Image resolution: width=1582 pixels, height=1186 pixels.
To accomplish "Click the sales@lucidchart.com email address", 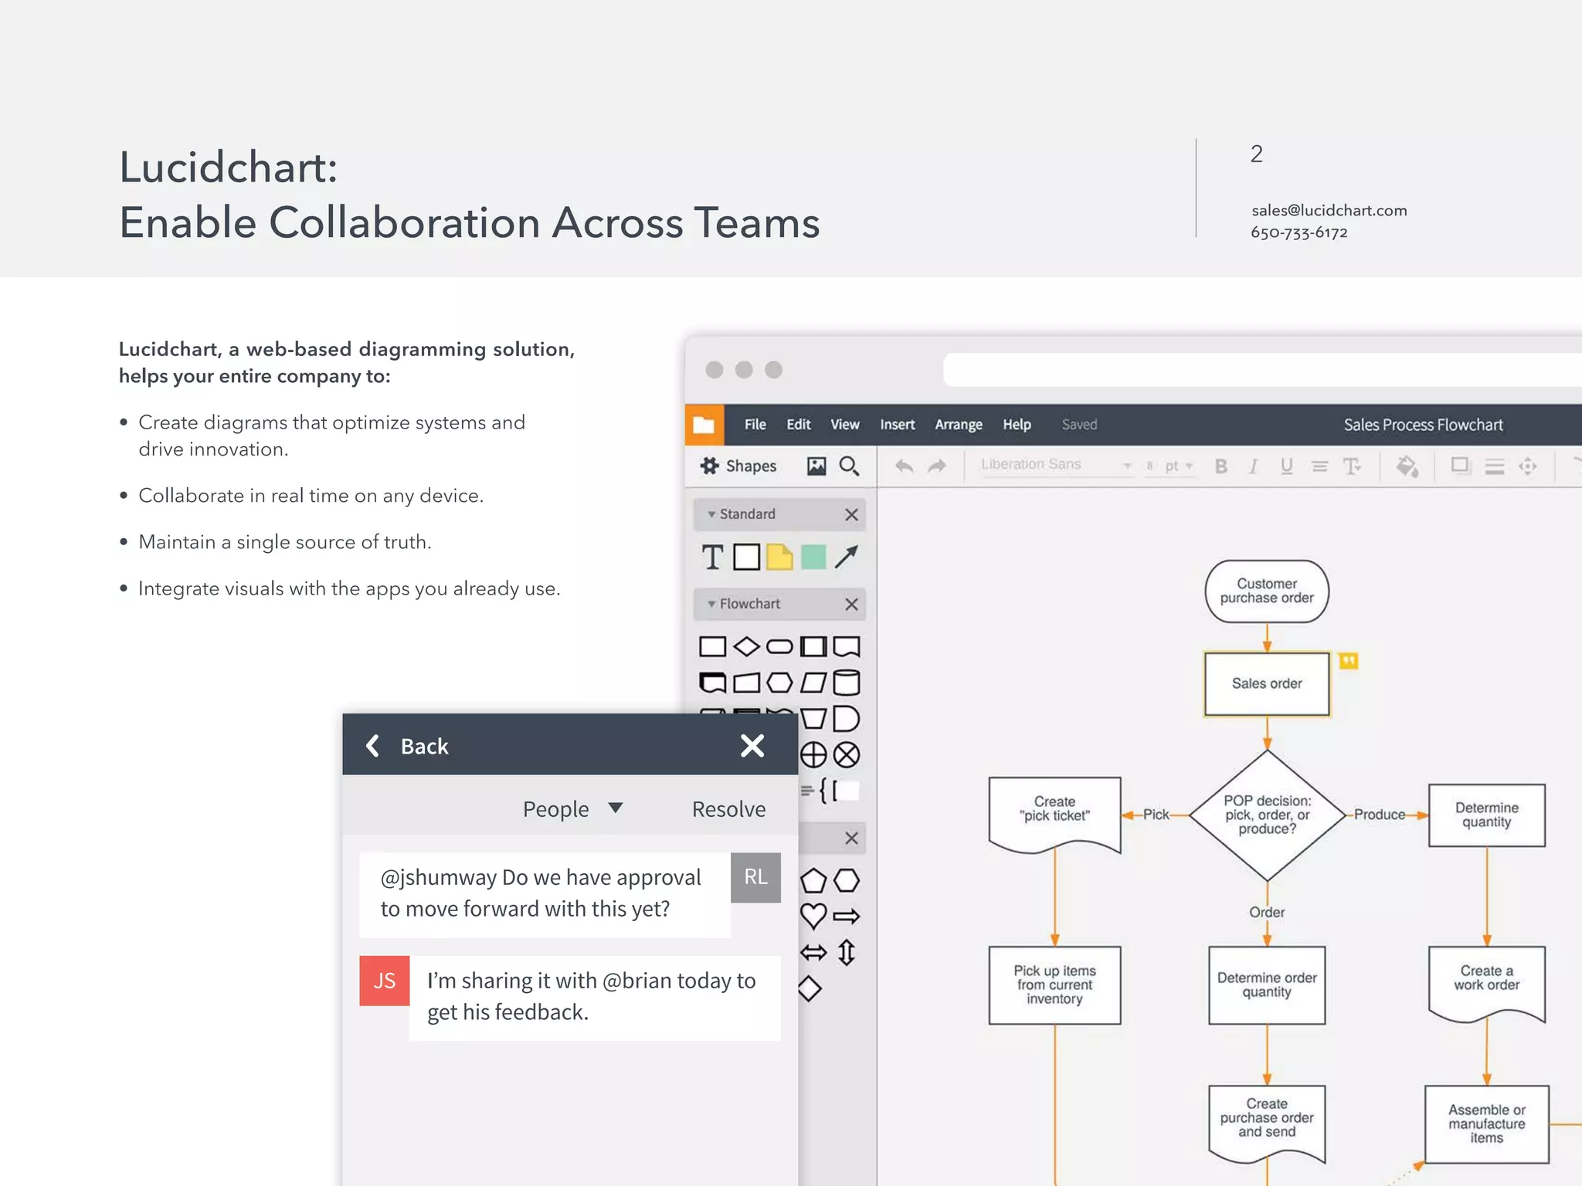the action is (1329, 210).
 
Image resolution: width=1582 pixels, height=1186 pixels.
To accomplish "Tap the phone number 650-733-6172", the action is (1299, 232).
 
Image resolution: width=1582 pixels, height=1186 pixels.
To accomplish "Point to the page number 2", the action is (1257, 154).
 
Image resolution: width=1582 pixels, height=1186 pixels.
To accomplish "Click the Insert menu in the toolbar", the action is (897, 425).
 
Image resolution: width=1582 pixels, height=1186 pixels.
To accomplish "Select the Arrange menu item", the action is (958, 425).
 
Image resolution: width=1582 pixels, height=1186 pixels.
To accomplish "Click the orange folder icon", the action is (704, 425).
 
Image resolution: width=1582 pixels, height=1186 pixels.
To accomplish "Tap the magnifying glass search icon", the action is (849, 466).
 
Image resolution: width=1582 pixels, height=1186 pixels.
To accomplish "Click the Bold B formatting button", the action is (1220, 466).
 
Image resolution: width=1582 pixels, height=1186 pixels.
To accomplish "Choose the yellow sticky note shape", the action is (779, 557).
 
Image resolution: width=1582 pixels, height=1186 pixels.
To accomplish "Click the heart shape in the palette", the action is (813, 917).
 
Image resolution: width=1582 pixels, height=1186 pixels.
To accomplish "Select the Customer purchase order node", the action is (1267, 591).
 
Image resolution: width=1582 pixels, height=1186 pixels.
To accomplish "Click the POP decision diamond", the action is (1267, 815).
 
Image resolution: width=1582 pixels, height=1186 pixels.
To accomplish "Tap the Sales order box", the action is (1267, 683).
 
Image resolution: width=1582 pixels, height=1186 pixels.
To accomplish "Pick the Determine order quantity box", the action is (1267, 984).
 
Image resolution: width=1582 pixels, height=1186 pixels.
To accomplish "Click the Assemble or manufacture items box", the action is (1486, 1123).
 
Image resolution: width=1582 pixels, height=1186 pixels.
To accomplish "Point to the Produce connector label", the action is (1380, 815).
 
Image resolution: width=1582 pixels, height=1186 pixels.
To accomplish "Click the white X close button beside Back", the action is (752, 745).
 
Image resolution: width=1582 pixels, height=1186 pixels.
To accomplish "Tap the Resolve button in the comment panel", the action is (728, 809).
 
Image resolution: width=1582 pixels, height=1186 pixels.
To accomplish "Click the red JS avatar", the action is (385, 981).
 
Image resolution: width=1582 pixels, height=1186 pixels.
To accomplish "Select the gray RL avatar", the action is (755, 877).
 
